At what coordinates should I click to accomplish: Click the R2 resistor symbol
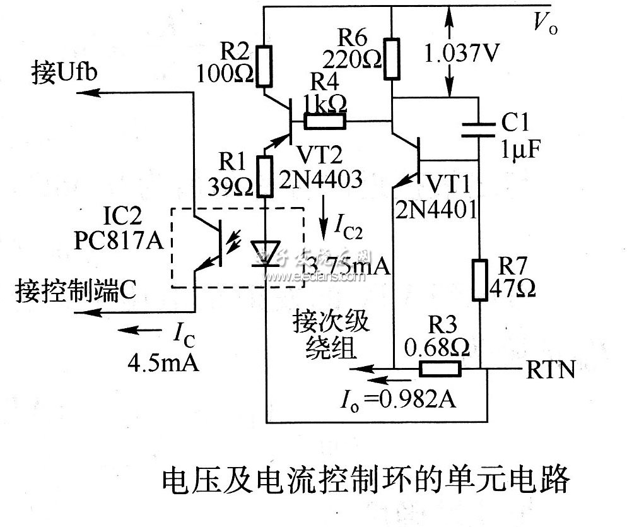[x=265, y=66]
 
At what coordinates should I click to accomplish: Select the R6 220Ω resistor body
[x=392, y=59]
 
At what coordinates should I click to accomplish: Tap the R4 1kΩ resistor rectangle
[x=325, y=121]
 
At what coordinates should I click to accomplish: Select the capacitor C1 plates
[x=478, y=129]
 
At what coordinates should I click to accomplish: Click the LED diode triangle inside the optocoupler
[x=266, y=252]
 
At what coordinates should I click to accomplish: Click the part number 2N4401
[x=435, y=209]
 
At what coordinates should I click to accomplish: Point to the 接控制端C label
[x=75, y=293]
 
